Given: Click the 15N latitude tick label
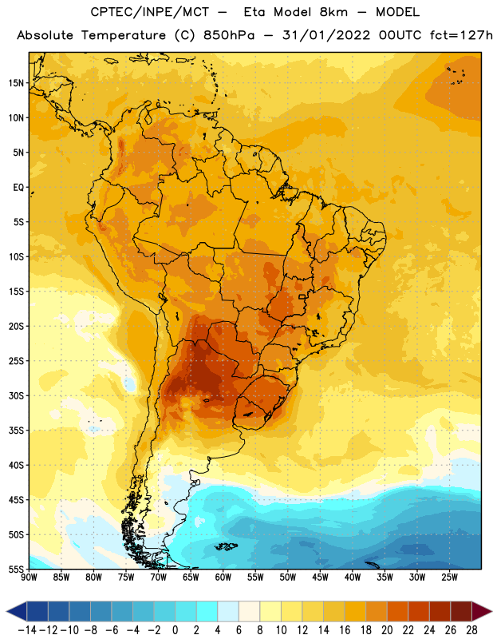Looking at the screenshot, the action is pos(16,83).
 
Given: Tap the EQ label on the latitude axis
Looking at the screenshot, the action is pos(18,188).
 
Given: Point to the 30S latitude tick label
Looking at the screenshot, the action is pos(16,395).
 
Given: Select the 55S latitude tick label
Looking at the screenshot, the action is pos(16,569).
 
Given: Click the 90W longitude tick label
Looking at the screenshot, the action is pos(29,577).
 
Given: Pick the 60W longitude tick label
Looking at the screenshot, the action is pos(223,577).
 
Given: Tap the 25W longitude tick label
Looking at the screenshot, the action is pos(449,577).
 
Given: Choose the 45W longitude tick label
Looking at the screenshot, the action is pos(320,577).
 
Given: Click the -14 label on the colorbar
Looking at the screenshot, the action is pos(27,630).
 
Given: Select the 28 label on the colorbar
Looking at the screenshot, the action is pos(471,630).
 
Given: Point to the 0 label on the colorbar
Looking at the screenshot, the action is pos(175,630).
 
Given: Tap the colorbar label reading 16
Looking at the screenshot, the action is pos(345,630).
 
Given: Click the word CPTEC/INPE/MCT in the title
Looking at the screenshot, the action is pos(150,12).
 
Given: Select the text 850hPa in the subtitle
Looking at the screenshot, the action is pos(229,35).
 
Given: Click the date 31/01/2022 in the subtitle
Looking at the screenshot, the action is pos(326,35).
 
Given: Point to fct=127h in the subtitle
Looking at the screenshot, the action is pos(461,35).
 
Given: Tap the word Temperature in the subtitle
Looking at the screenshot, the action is pos(124,36).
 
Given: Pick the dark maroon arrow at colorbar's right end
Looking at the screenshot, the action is pos(481,611).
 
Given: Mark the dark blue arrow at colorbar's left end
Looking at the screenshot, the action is pos(17,611).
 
